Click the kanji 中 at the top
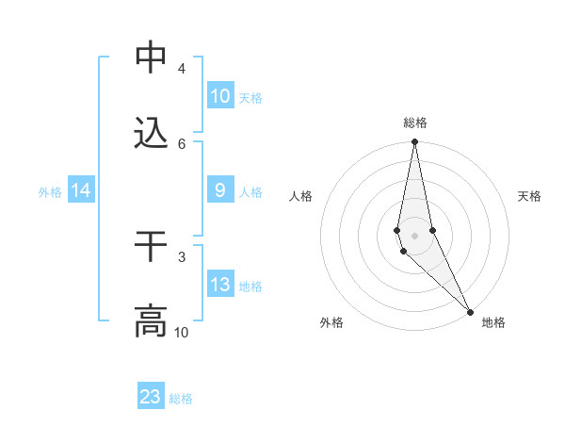click(151, 58)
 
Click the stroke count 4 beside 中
click(181, 69)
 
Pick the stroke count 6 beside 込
click(181, 143)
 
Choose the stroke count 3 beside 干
click(181, 256)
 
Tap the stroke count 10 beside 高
click(181, 332)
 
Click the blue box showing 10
click(219, 96)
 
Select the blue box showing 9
click(219, 190)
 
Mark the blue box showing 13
click(219, 285)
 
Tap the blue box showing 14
click(81, 190)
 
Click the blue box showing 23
click(151, 396)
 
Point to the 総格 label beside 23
click(181, 399)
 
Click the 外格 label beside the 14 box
click(50, 192)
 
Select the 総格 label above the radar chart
click(414, 123)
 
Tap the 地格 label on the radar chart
click(493, 322)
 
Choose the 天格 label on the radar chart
click(529, 196)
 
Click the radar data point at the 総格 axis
click(414, 142)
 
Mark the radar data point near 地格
click(470, 311)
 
